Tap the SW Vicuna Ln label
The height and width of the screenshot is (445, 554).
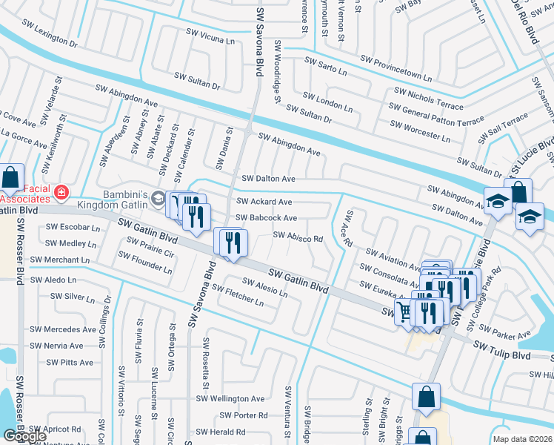[x=209, y=39]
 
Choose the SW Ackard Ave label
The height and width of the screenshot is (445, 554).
[x=264, y=202]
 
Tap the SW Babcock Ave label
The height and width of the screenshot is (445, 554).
[x=266, y=218]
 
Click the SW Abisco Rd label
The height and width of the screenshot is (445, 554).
[x=298, y=238]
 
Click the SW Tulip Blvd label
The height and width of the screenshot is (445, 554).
[x=502, y=351]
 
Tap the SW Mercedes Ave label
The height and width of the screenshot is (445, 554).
[x=63, y=329]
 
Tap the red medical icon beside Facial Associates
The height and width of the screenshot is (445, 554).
[x=61, y=194]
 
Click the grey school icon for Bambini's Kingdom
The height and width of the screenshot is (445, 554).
[x=158, y=198]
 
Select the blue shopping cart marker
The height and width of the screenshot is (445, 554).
[x=404, y=311]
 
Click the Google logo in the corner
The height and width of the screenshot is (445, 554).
[x=24, y=436]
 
